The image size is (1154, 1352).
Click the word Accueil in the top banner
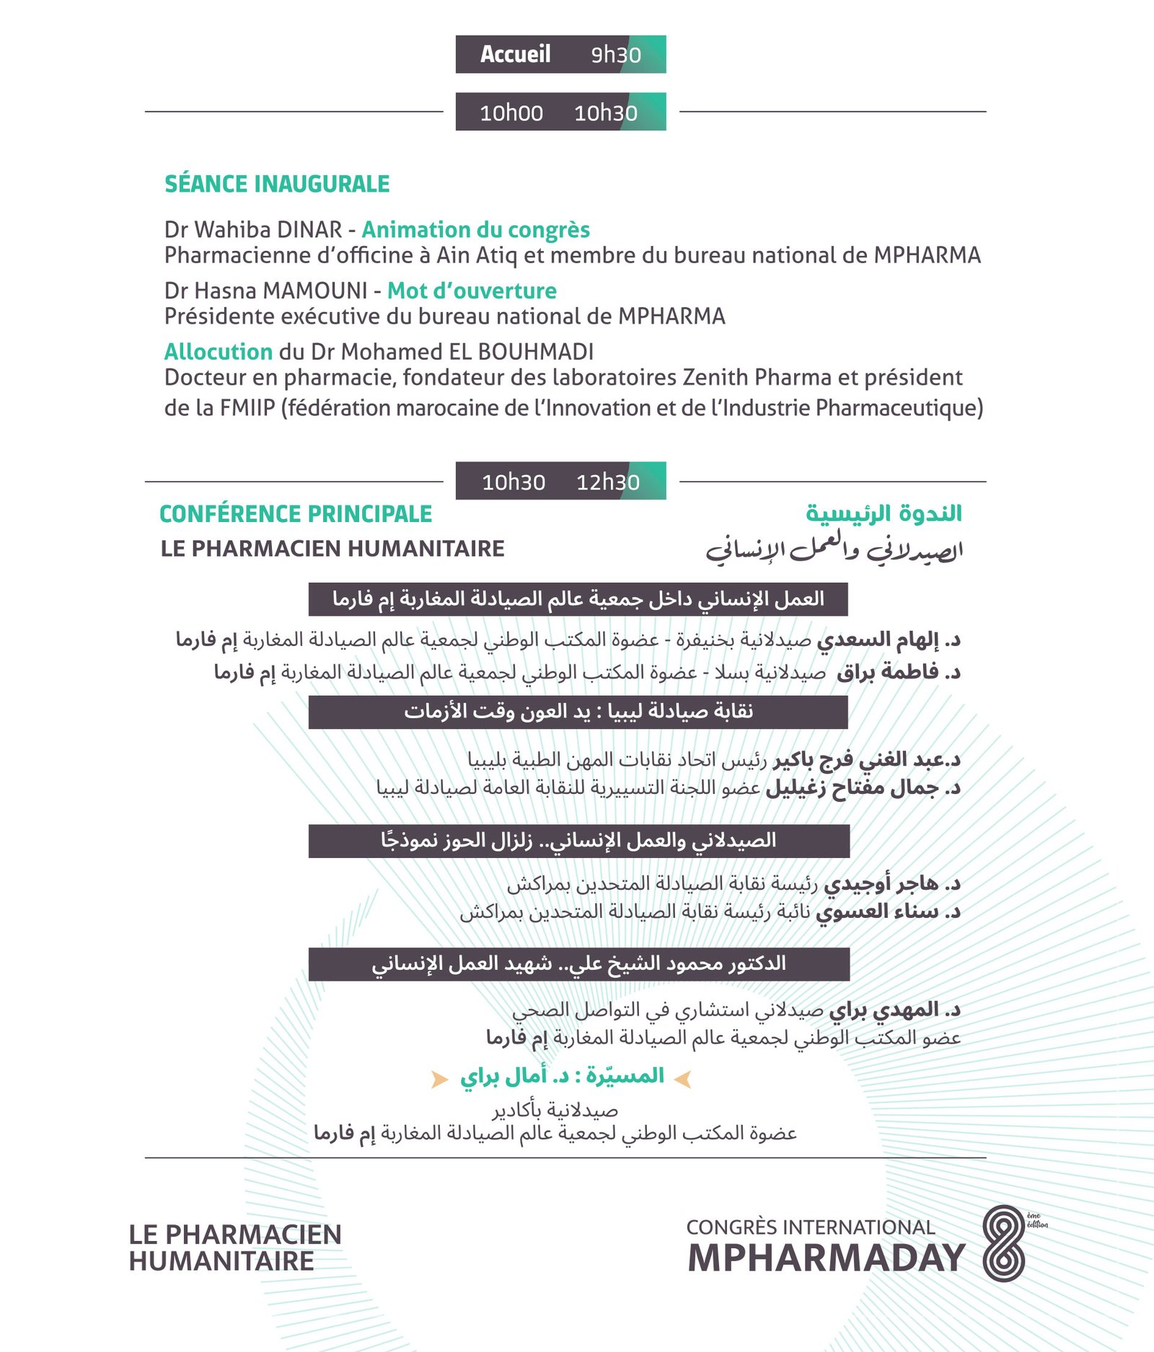click(x=515, y=54)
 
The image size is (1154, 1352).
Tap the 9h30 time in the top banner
click(x=615, y=55)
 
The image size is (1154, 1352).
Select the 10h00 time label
click(x=511, y=112)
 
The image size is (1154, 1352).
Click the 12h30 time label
click(x=607, y=482)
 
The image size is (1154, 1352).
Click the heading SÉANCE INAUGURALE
click(x=277, y=184)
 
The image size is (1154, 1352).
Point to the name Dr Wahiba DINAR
click(x=252, y=229)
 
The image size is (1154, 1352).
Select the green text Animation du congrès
click(x=475, y=229)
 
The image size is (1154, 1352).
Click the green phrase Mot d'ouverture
click(x=472, y=291)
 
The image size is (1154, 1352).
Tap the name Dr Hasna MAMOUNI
click(x=265, y=291)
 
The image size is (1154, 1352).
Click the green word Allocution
click(x=218, y=352)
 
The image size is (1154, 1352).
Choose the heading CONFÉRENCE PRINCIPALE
click(x=295, y=513)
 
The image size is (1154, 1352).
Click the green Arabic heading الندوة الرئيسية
click(x=884, y=513)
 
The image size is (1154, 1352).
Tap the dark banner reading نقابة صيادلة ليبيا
click(x=578, y=712)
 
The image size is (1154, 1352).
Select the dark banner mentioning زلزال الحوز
click(x=578, y=841)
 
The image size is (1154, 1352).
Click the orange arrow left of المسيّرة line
click(x=439, y=1079)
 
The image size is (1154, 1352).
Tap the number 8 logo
click(x=1003, y=1243)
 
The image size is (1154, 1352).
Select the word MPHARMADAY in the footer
click(x=826, y=1258)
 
